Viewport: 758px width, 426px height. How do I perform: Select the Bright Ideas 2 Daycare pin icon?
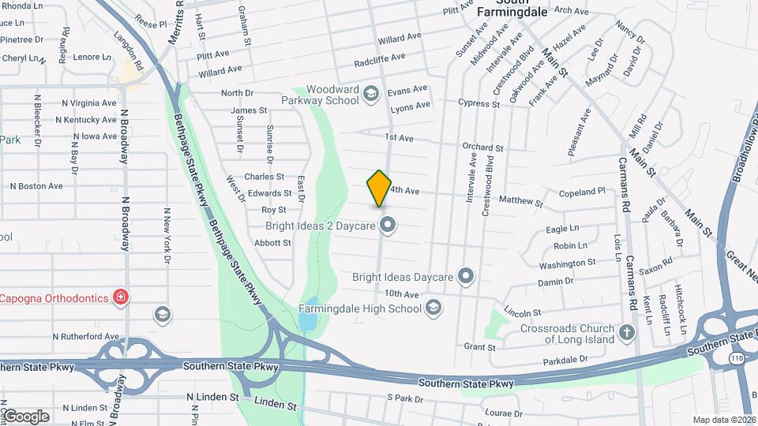(387, 226)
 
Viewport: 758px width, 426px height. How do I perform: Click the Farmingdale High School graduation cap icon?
(433, 308)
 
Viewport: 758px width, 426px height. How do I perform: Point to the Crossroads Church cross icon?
(628, 331)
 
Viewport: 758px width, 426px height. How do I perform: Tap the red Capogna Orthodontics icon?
(120, 297)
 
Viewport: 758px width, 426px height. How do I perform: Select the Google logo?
(26, 417)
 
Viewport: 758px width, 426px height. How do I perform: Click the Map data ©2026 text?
(724, 420)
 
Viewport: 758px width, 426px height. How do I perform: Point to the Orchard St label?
(482, 148)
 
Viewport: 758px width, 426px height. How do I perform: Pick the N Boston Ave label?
(36, 186)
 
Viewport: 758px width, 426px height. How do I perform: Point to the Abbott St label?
(272, 243)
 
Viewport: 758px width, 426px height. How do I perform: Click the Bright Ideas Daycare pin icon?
(466, 276)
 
